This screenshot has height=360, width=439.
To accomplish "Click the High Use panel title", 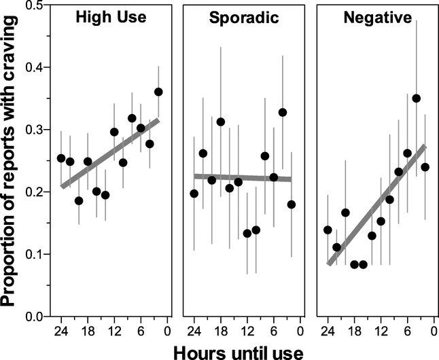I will pyautogui.click(x=109, y=19).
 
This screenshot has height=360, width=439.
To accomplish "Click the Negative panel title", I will pyautogui.click(x=374, y=19).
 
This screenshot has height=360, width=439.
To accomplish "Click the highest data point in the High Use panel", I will pyautogui.click(x=158, y=92).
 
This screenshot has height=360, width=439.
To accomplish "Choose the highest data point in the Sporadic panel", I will pyautogui.click(x=283, y=112).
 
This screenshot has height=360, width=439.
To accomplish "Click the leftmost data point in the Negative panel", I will pyautogui.click(x=328, y=230).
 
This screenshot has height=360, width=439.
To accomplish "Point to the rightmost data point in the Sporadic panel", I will pyautogui.click(x=292, y=204).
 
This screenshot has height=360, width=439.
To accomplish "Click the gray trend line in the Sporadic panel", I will pyautogui.click(x=243, y=178).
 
